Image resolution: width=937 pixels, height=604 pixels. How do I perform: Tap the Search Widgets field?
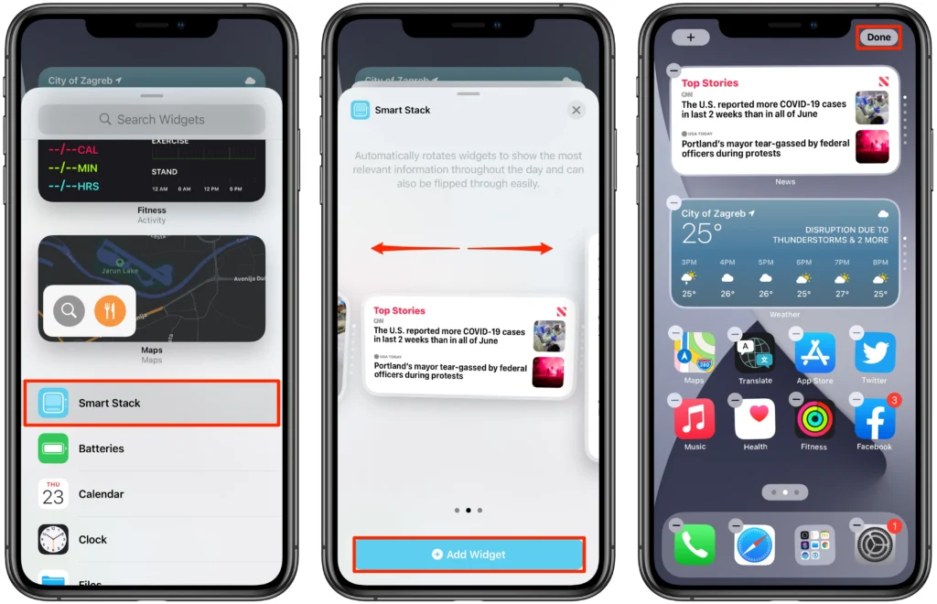pyautogui.click(x=152, y=119)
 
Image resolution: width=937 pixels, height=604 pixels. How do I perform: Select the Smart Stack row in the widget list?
pyautogui.click(x=152, y=403)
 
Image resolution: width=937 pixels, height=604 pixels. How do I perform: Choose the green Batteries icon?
pyautogui.click(x=53, y=448)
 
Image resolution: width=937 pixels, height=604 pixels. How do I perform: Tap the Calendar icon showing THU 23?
pyautogui.click(x=53, y=494)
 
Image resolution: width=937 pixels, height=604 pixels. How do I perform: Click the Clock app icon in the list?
pyautogui.click(x=53, y=539)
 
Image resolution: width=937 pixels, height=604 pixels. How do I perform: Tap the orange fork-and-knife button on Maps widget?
pyautogui.click(x=110, y=311)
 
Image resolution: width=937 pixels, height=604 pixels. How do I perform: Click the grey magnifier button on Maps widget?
pyautogui.click(x=69, y=311)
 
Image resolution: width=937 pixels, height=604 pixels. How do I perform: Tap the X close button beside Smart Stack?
pyautogui.click(x=576, y=110)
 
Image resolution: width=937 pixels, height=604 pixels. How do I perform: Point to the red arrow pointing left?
pyautogui.click(x=415, y=248)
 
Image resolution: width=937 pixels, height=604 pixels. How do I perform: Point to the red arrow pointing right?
pyautogui.click(x=511, y=248)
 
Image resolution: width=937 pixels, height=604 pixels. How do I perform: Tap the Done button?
pyautogui.click(x=878, y=38)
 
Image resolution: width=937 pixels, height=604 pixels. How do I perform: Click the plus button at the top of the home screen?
pyautogui.click(x=690, y=38)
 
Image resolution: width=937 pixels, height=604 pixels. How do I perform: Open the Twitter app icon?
pyautogui.click(x=874, y=353)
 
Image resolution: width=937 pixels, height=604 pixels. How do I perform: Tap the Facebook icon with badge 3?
pyautogui.click(x=874, y=420)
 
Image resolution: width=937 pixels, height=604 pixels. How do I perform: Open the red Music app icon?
pyautogui.click(x=695, y=420)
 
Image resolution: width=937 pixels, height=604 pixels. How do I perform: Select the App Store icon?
pyautogui.click(x=814, y=353)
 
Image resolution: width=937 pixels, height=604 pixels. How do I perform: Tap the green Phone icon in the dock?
pyautogui.click(x=695, y=545)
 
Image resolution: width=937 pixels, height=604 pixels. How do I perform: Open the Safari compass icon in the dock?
pyautogui.click(x=754, y=545)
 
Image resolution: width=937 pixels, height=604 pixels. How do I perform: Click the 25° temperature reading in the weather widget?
pyautogui.click(x=702, y=233)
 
